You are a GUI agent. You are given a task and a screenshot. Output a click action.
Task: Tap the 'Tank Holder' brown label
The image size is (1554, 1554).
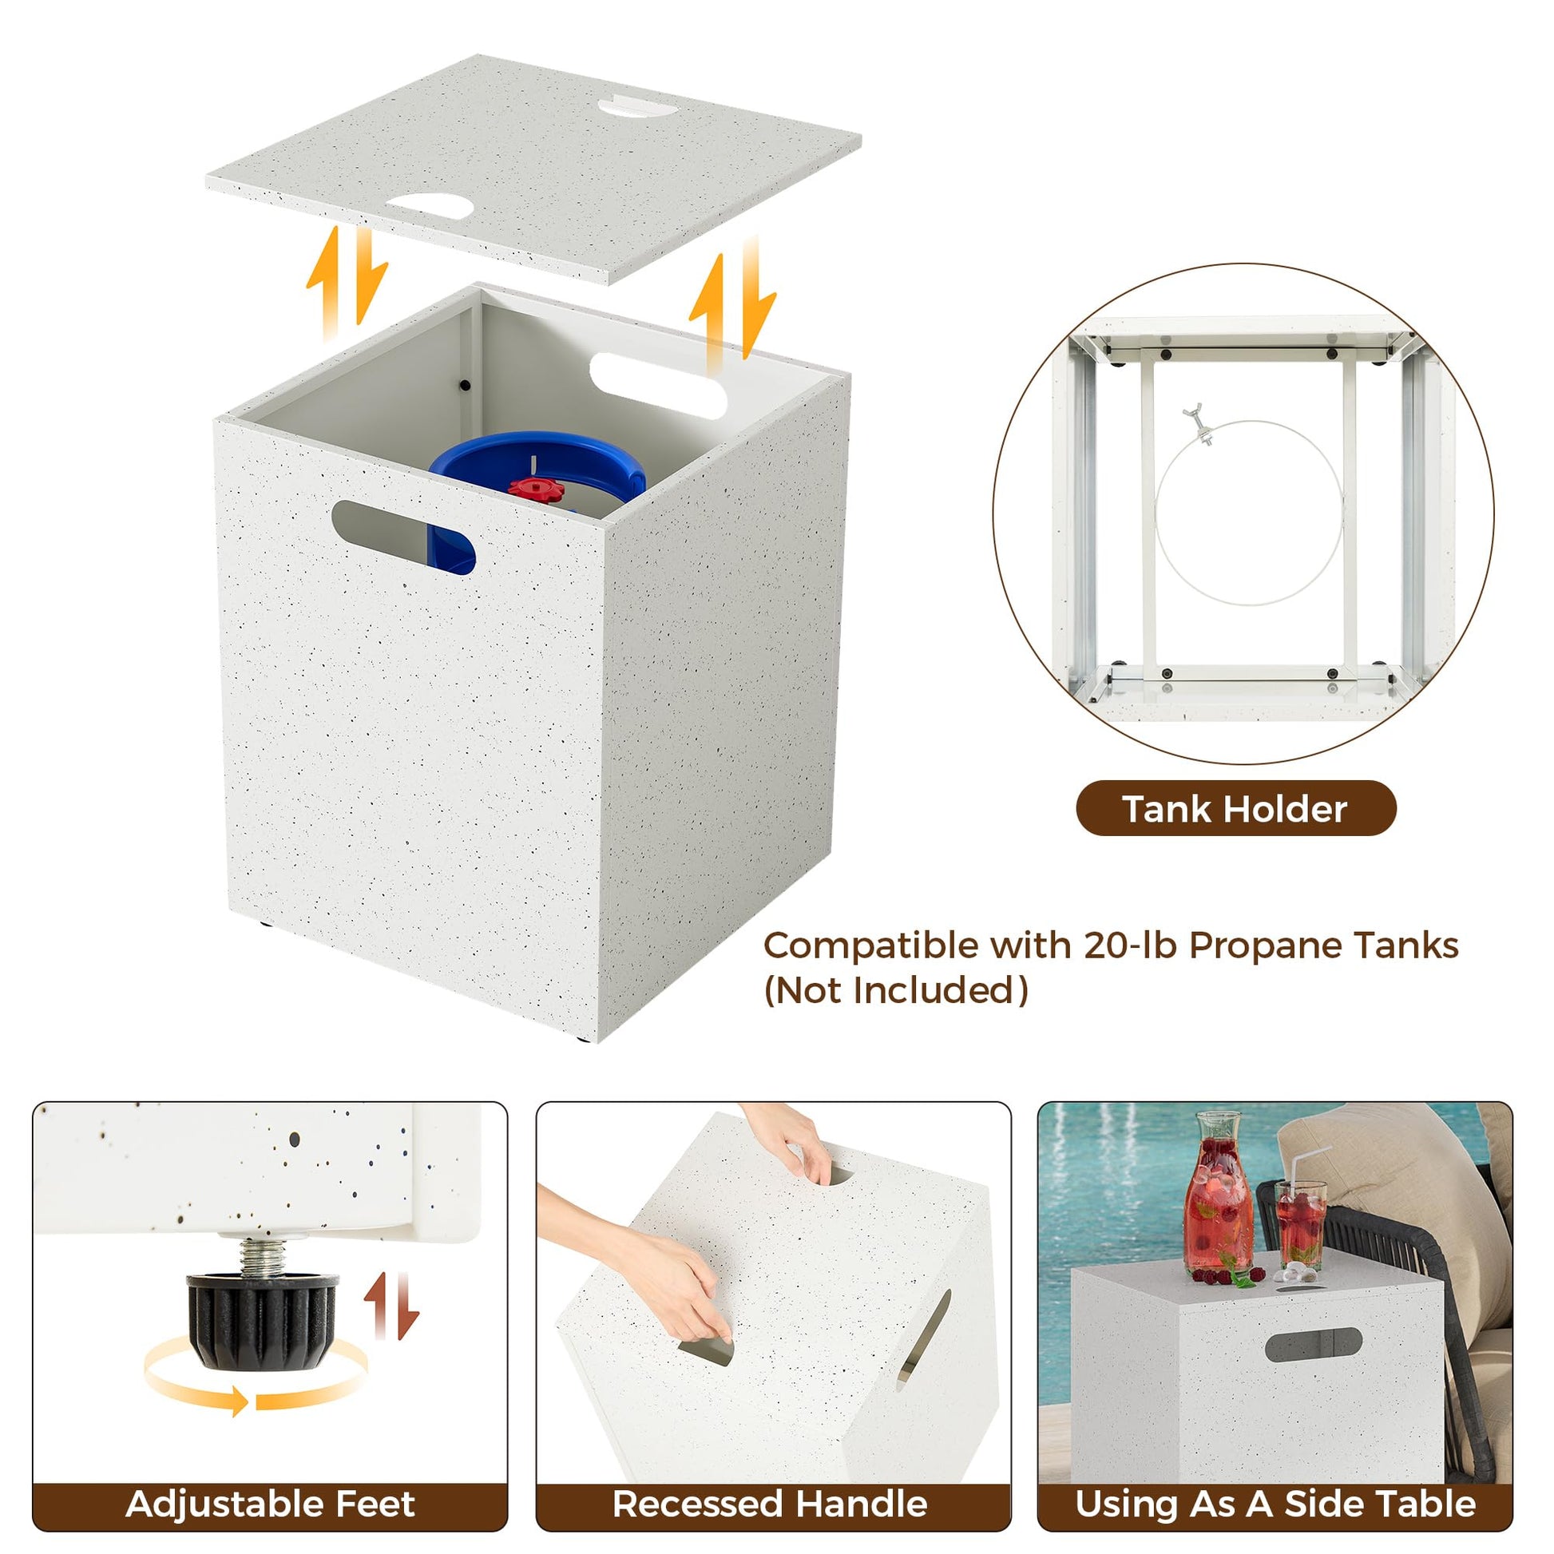click(x=1236, y=808)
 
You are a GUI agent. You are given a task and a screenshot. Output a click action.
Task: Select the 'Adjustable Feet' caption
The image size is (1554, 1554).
click(x=270, y=1504)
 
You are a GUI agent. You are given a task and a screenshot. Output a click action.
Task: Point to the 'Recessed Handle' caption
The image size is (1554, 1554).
click(x=770, y=1504)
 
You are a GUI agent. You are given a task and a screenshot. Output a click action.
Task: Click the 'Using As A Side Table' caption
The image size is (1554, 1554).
click(x=1275, y=1504)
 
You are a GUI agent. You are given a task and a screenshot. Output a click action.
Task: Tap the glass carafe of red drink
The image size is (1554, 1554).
click(x=1219, y=1194)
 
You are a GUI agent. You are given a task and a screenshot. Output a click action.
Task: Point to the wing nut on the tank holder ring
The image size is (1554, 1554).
click(x=1198, y=423)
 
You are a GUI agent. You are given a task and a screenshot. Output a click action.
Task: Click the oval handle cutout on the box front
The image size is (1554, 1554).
click(x=403, y=537)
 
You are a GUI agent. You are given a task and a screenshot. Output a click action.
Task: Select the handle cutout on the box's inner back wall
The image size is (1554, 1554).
click(x=658, y=384)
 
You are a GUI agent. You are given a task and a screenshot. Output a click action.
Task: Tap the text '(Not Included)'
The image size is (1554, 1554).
click(x=896, y=990)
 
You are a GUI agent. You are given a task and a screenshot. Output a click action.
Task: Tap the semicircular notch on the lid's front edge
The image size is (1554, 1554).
click(x=430, y=204)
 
